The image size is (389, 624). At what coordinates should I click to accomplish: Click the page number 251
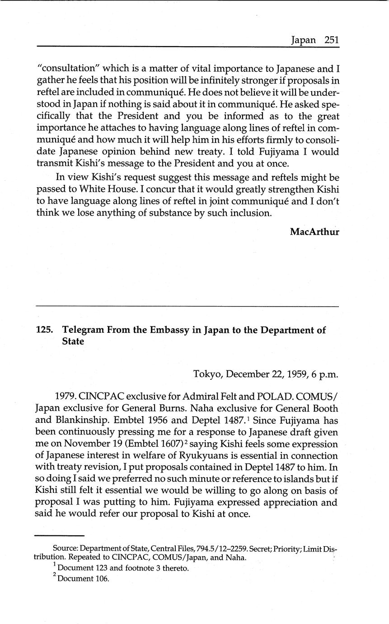pos(331,40)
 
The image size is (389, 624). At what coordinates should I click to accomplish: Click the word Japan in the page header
pos(304,40)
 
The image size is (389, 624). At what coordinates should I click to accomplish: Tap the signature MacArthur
pos(314,232)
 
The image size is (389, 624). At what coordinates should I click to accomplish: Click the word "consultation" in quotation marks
pos(68,69)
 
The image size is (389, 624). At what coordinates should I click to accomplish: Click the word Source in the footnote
pos(65,549)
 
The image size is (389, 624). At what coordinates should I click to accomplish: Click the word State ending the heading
pos(73,341)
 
